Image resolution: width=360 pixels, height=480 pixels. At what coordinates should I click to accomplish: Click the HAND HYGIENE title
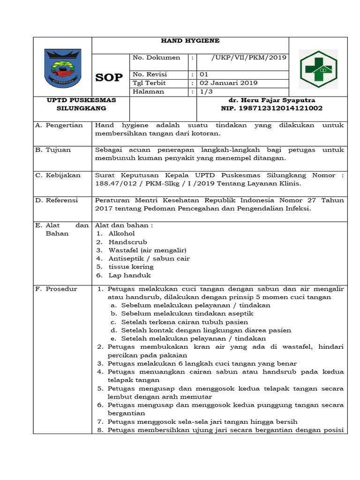coord(190,41)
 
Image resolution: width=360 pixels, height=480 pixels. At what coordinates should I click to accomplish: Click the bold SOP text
coord(109,78)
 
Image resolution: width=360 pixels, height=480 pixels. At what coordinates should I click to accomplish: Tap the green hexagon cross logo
coord(318,69)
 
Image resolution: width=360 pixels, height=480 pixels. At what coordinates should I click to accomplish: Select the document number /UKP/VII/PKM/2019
coord(242,58)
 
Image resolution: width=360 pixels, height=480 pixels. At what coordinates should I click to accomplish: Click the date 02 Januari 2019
coord(228,83)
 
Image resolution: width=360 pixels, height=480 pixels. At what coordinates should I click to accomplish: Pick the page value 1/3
coord(205,91)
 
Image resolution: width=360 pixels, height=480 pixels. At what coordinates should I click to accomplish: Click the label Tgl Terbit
coord(149,83)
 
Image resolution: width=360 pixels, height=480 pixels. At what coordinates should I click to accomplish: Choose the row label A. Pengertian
coord(59,125)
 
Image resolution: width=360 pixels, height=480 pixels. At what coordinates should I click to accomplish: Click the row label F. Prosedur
coord(56,289)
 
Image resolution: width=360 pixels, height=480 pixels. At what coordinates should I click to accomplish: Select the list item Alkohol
coord(121,233)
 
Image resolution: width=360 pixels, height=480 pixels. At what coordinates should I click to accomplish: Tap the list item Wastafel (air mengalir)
coord(147,250)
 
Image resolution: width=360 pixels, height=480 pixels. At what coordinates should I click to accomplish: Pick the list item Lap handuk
coord(129,276)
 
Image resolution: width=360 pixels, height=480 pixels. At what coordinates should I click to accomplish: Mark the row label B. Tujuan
coord(53,150)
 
